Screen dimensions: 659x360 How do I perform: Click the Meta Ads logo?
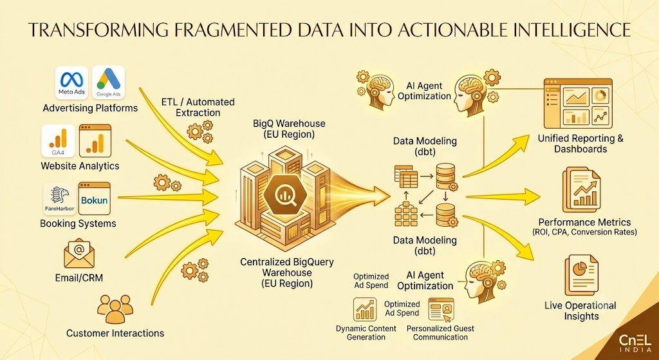click(71, 82)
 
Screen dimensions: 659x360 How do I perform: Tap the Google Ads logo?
click(108, 82)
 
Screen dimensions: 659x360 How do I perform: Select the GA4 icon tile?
click(58, 141)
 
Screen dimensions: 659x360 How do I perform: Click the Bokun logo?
click(95, 198)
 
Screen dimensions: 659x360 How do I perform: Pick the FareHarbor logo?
click(59, 198)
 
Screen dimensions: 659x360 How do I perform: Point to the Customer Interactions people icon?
click(115, 308)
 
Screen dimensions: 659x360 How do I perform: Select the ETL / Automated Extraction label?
click(198, 108)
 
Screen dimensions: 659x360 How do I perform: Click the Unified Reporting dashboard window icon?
click(578, 104)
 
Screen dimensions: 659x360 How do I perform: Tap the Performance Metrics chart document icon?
click(582, 190)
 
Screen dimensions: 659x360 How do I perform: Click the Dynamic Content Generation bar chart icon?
click(365, 309)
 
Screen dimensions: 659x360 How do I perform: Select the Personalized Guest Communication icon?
click(441, 309)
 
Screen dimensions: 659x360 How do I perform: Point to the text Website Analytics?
click(80, 166)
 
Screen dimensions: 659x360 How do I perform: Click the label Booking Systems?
click(78, 223)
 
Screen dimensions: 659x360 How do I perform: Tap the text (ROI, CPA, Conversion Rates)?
click(584, 232)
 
